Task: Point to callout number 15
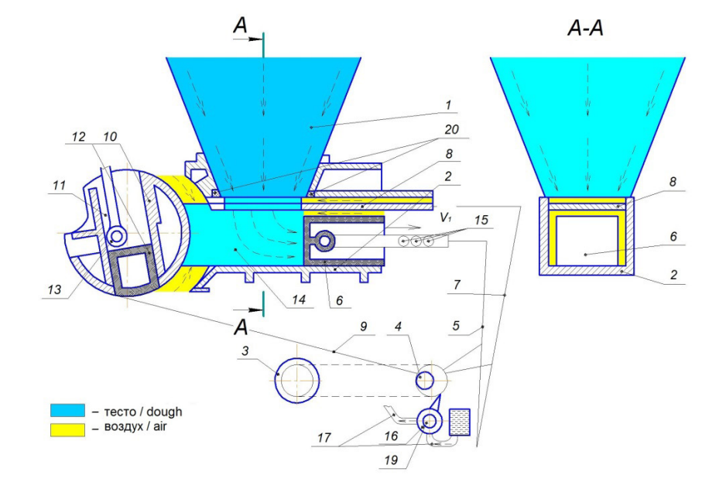click(481, 219)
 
